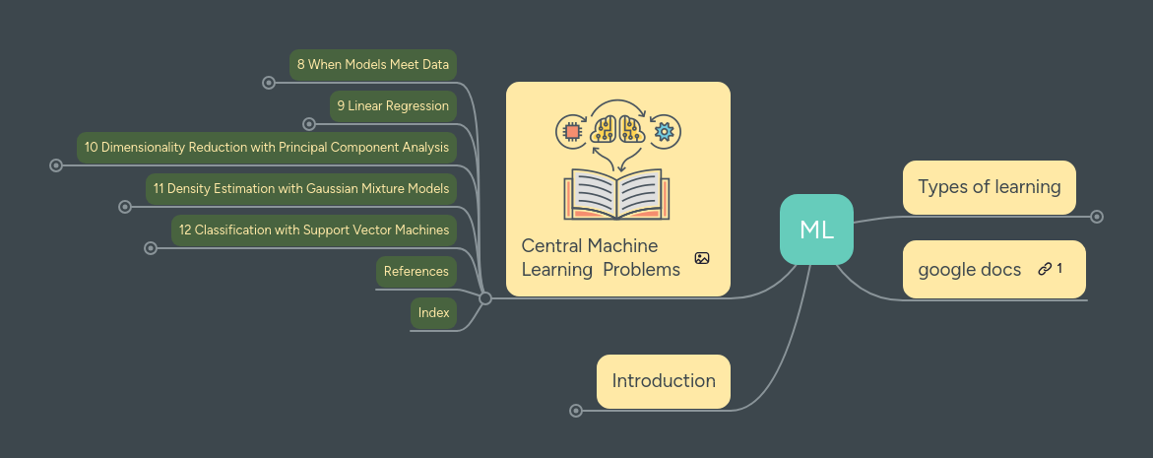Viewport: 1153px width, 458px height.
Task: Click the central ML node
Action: click(x=816, y=229)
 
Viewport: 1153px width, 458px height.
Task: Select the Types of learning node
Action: click(x=989, y=187)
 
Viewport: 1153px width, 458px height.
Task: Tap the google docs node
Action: click(x=970, y=269)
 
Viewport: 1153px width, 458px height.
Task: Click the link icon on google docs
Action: click(x=1045, y=269)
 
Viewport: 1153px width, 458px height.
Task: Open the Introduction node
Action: click(x=663, y=381)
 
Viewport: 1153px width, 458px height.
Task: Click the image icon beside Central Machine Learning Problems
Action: click(x=701, y=258)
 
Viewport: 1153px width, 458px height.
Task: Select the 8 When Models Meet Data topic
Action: click(x=373, y=64)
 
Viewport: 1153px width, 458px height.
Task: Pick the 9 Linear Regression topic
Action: click(x=393, y=105)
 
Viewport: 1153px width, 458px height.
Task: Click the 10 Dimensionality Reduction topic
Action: click(x=267, y=147)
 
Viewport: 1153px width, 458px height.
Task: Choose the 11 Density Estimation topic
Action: click(x=301, y=188)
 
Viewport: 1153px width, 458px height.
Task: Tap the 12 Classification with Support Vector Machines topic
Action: click(x=314, y=229)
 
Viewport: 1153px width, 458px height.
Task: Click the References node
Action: click(x=416, y=271)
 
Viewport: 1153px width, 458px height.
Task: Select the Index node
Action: click(x=433, y=312)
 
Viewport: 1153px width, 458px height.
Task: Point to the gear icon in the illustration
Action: click(x=665, y=130)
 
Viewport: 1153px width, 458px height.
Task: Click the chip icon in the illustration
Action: click(x=570, y=130)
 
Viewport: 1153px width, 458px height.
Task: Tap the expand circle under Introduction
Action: click(x=576, y=411)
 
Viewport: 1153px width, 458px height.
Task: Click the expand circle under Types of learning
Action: click(x=1097, y=217)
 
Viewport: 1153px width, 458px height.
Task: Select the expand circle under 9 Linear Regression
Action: click(x=309, y=124)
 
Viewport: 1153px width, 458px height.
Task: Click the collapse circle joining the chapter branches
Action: click(x=484, y=298)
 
